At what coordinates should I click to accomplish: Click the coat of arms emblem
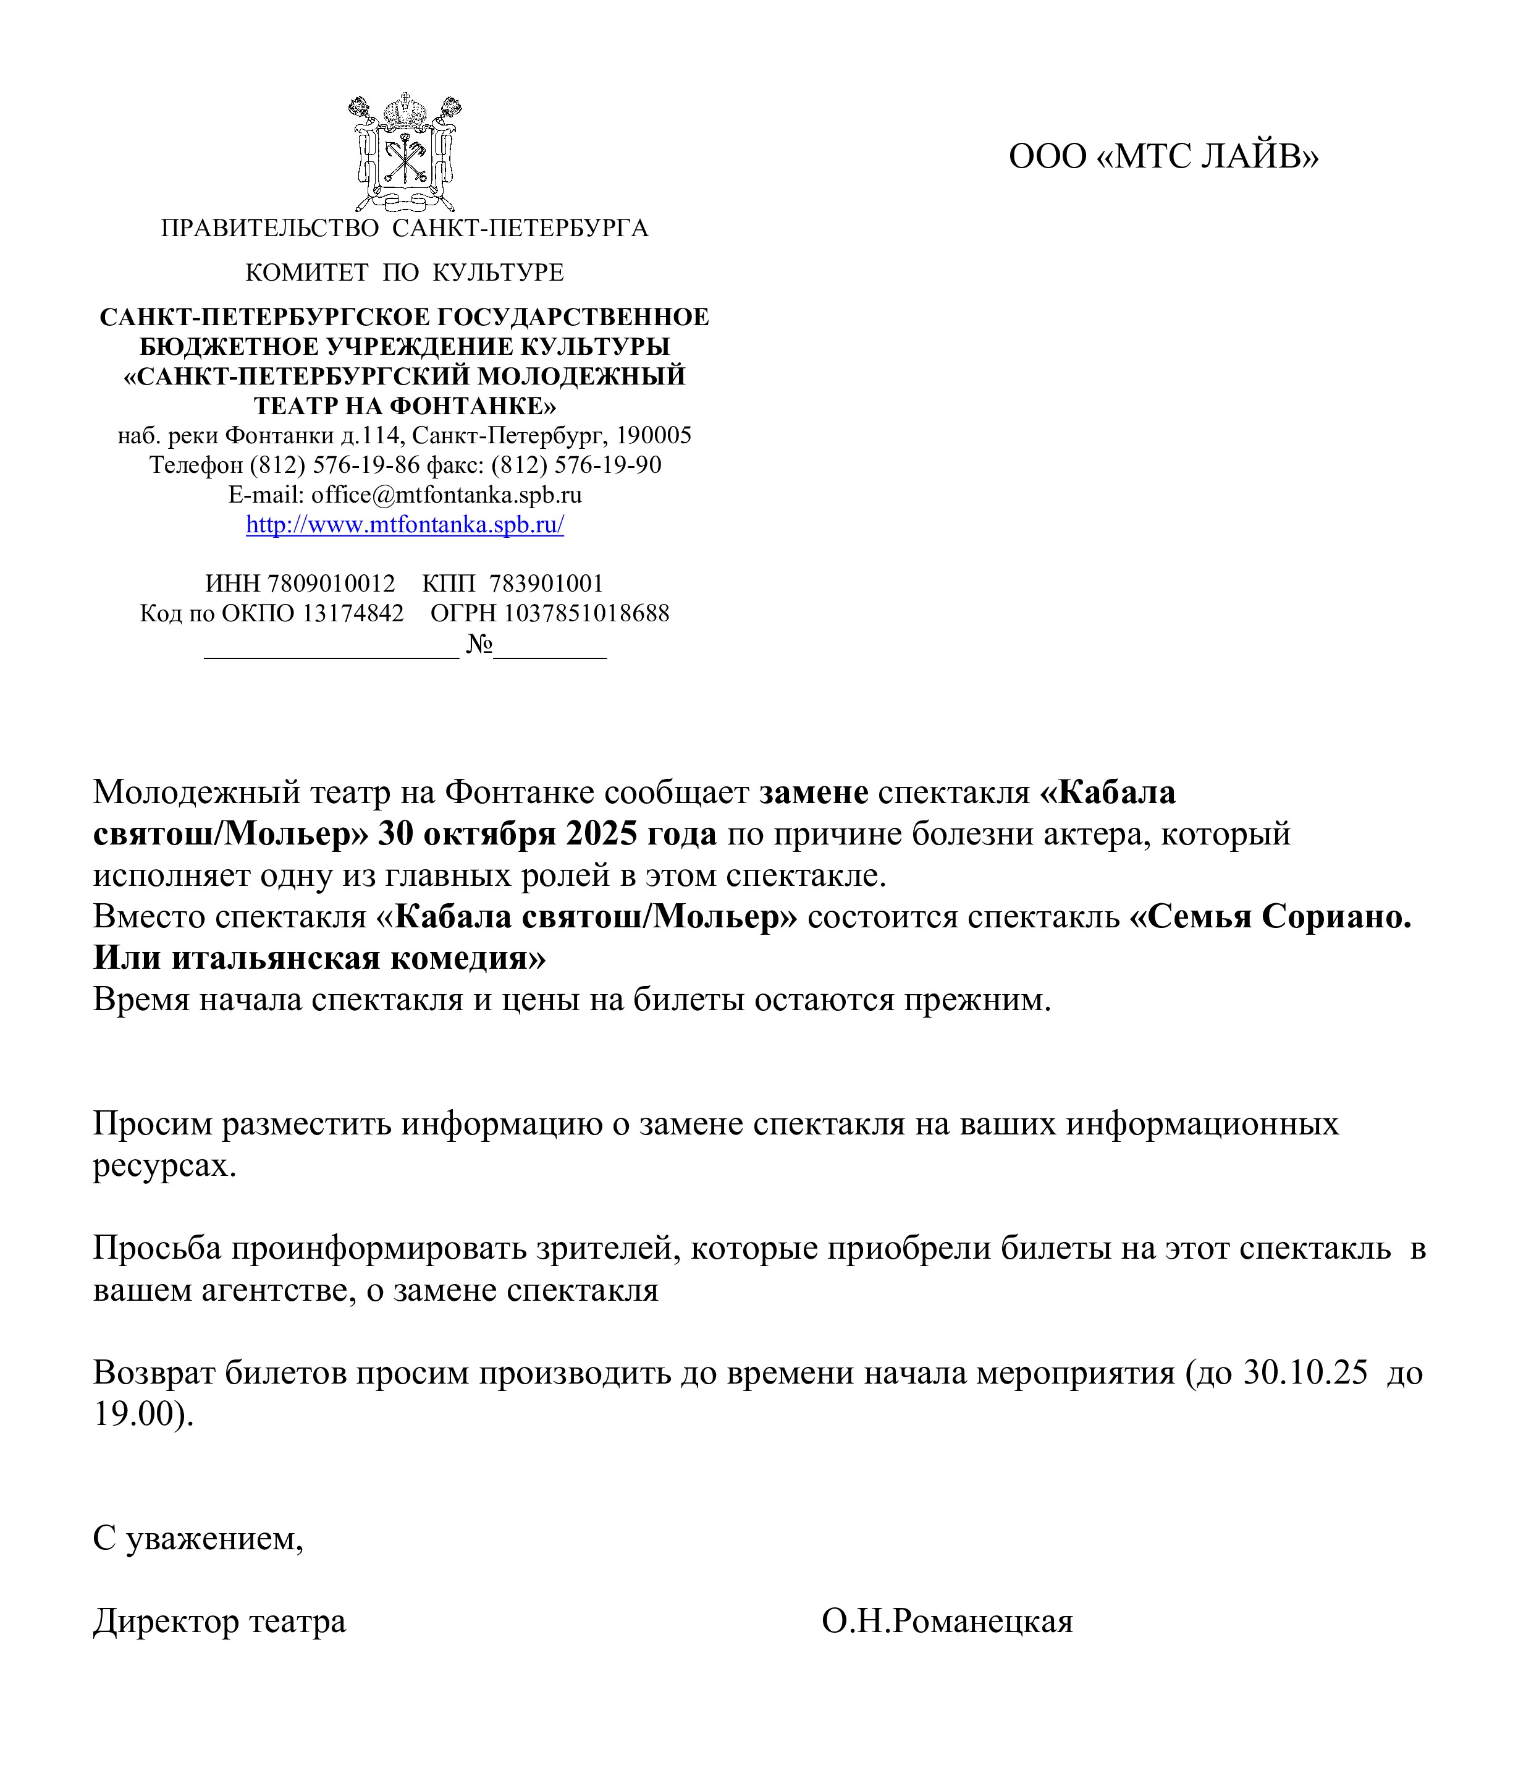coord(404,153)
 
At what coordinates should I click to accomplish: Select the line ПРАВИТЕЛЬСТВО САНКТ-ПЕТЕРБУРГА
coord(404,228)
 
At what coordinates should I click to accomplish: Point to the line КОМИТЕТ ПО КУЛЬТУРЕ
coord(404,273)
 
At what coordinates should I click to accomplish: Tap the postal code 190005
coord(654,436)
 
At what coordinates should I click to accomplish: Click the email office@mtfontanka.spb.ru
coord(446,495)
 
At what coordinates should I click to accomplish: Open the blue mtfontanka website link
coord(404,525)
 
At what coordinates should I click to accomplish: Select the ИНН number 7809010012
coord(331,584)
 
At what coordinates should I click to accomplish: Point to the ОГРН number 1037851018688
coord(587,613)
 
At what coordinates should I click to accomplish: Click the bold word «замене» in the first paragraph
coord(814,792)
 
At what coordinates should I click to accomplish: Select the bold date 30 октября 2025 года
coord(547,833)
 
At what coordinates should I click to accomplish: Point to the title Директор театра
coord(219,1622)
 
